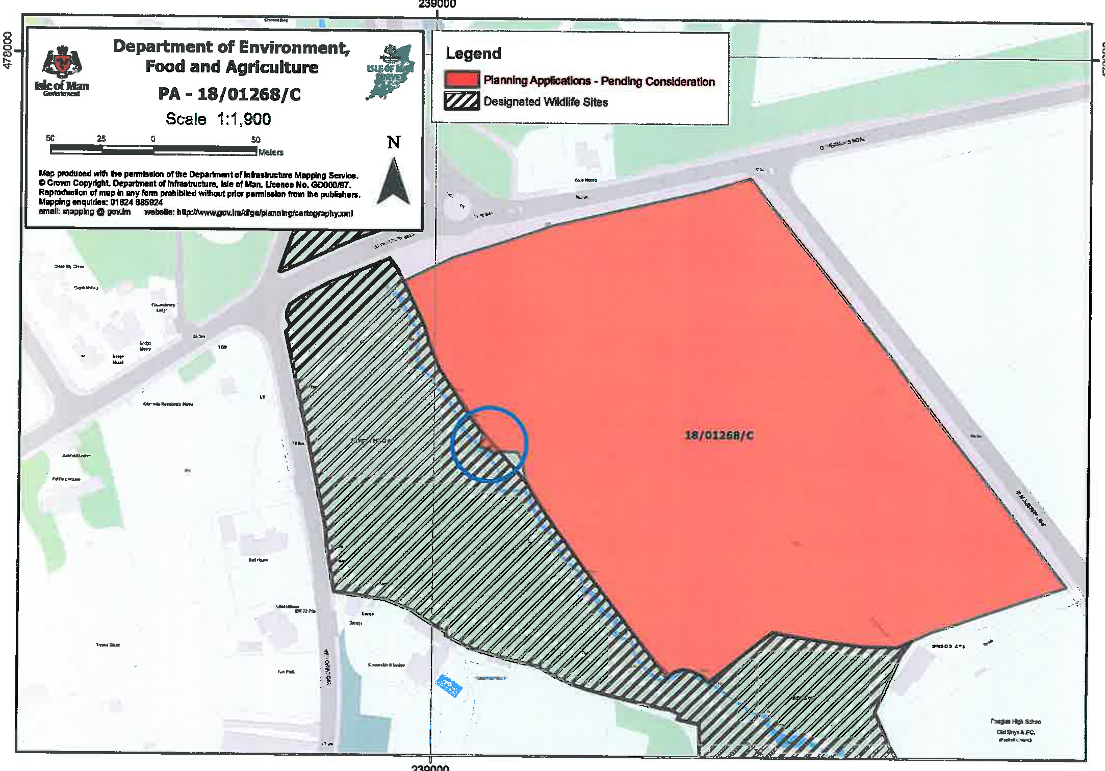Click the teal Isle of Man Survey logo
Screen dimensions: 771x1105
click(x=391, y=72)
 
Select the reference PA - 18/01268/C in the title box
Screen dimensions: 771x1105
click(x=229, y=94)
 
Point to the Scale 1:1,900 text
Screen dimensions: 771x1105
click(x=218, y=119)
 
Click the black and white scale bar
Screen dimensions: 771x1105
click(x=153, y=150)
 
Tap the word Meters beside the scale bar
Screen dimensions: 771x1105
click(x=271, y=152)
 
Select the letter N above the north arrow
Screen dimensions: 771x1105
click(x=394, y=142)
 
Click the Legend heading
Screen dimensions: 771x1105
click(x=473, y=54)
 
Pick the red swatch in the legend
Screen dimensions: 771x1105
click(x=461, y=80)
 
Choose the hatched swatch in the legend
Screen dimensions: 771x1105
click(x=461, y=101)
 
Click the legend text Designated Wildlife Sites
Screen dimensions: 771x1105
click(x=546, y=102)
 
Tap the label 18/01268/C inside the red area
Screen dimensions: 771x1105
click(x=719, y=435)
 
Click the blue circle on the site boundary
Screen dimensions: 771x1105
click(x=489, y=444)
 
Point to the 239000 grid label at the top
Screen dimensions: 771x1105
click(x=437, y=5)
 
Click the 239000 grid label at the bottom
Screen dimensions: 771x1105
click(x=430, y=767)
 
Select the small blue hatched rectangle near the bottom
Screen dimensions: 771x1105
click(x=449, y=685)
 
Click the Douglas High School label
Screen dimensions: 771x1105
click(x=1015, y=722)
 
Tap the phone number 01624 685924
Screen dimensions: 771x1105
click(x=136, y=202)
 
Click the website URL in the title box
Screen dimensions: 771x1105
click(x=265, y=213)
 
